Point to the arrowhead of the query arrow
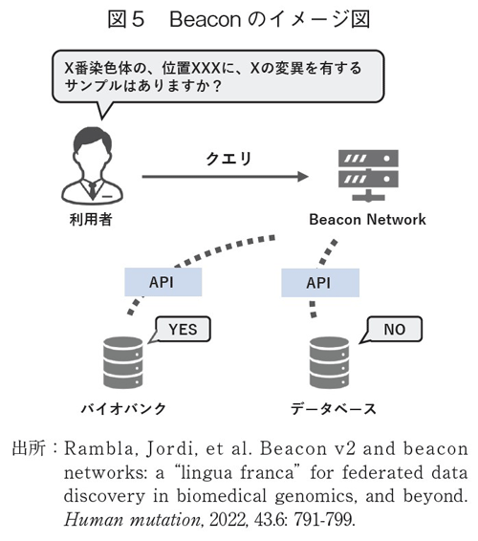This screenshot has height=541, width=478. click(304, 177)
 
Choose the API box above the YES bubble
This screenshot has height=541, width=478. click(162, 282)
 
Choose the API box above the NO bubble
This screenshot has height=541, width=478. click(319, 282)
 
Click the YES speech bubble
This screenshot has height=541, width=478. click(182, 330)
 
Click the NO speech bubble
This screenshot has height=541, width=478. click(393, 330)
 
